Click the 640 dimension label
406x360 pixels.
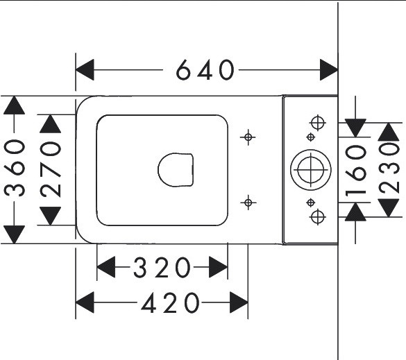coord(205,70)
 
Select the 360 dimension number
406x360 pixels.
coord(15,169)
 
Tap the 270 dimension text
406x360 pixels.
coord(51,169)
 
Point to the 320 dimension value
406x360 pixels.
coord(162,267)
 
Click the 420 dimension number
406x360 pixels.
coord(170,302)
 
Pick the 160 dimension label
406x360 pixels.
coord(356,170)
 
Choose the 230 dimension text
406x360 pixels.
coord(389,169)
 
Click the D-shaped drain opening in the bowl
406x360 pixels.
coord(176,170)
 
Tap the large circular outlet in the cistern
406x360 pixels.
coord(311,170)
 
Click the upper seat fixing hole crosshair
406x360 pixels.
coord(248,137)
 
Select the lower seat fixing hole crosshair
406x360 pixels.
coord(248,203)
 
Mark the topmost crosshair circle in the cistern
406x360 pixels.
coord(318,123)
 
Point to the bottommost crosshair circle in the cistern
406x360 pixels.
coord(318,217)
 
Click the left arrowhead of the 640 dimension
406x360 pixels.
coord(85,69)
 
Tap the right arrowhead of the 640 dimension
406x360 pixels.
coord(329,69)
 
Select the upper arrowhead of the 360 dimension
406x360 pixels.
coord(15,105)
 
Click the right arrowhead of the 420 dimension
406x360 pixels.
coord(239,302)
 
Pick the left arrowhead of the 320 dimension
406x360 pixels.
coord(106,267)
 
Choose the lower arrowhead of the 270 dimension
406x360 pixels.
coord(51,216)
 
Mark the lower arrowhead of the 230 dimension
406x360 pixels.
coord(389,208)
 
